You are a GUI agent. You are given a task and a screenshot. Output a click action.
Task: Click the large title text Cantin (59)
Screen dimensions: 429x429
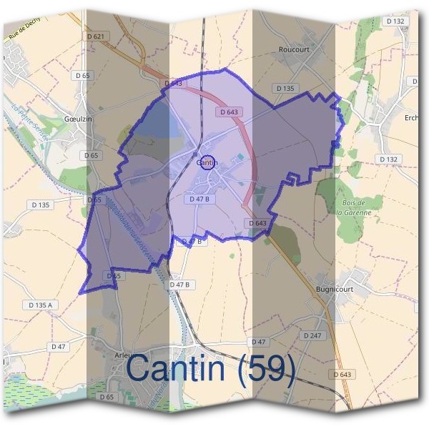(210, 368)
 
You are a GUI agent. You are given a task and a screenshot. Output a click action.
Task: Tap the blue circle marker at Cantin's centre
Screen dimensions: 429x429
(207, 163)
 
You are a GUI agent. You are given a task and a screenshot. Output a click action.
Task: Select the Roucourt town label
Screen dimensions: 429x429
(293, 50)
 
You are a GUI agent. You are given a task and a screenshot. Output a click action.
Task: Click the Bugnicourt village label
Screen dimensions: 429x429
(335, 289)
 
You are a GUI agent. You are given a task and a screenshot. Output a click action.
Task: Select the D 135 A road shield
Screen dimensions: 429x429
(41, 305)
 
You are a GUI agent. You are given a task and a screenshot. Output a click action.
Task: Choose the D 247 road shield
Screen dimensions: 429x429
(312, 335)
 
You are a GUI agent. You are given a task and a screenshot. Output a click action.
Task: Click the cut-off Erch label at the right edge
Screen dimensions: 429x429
(411, 118)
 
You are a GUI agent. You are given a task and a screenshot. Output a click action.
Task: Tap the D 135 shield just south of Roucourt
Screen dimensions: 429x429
(285, 88)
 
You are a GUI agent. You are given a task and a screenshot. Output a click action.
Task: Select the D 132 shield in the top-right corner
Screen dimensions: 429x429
(395, 21)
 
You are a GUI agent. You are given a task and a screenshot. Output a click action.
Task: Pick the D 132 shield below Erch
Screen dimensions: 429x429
(388, 159)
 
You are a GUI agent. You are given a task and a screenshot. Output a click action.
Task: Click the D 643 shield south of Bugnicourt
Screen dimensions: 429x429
(342, 375)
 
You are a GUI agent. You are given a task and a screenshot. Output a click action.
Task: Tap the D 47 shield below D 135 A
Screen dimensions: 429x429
(59, 346)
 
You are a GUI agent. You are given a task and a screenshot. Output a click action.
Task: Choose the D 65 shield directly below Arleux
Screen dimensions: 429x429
(107, 396)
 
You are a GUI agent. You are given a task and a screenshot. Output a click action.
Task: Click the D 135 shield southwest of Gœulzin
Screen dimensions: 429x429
(41, 205)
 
